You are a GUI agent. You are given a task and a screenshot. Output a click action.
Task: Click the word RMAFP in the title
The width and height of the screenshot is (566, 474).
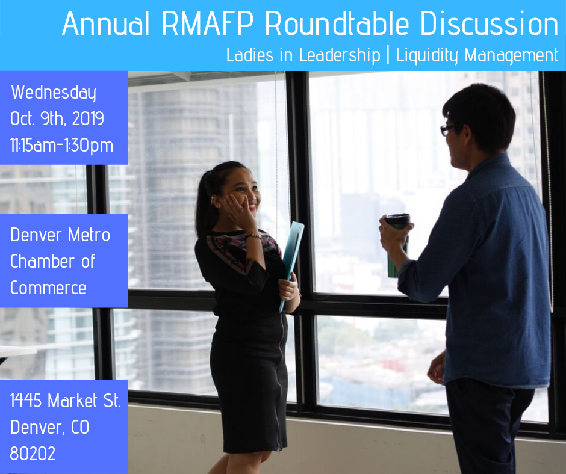(208, 23)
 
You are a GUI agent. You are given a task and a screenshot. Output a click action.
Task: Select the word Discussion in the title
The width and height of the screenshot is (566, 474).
(489, 23)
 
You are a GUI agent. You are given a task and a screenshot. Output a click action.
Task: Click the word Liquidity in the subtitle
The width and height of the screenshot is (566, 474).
(427, 56)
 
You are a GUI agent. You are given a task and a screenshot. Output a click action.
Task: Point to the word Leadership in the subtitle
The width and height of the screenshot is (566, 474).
(340, 55)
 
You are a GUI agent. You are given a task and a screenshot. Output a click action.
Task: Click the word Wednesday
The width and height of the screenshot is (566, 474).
(54, 93)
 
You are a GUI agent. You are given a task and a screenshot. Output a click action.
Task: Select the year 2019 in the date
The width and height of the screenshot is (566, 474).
(88, 118)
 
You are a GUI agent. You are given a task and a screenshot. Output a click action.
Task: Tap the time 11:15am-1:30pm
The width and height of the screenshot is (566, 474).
(62, 146)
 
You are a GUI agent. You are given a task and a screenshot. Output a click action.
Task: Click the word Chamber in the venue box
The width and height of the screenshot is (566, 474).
(43, 261)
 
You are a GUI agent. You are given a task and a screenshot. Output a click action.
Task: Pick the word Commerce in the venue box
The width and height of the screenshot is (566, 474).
(48, 288)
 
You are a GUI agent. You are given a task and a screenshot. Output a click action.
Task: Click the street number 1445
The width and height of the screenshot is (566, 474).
(26, 401)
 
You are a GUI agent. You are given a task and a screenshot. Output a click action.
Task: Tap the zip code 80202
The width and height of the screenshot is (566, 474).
(33, 454)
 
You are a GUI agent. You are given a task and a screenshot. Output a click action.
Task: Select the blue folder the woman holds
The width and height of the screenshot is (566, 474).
(291, 265)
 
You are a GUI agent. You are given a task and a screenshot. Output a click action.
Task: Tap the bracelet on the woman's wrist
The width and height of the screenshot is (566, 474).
(253, 236)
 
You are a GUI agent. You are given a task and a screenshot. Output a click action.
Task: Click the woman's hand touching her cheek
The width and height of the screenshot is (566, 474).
(239, 209)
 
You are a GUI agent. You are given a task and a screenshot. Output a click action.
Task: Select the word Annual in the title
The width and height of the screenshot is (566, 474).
(106, 23)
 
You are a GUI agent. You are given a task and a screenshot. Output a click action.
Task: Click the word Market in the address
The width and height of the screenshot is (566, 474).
(72, 401)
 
